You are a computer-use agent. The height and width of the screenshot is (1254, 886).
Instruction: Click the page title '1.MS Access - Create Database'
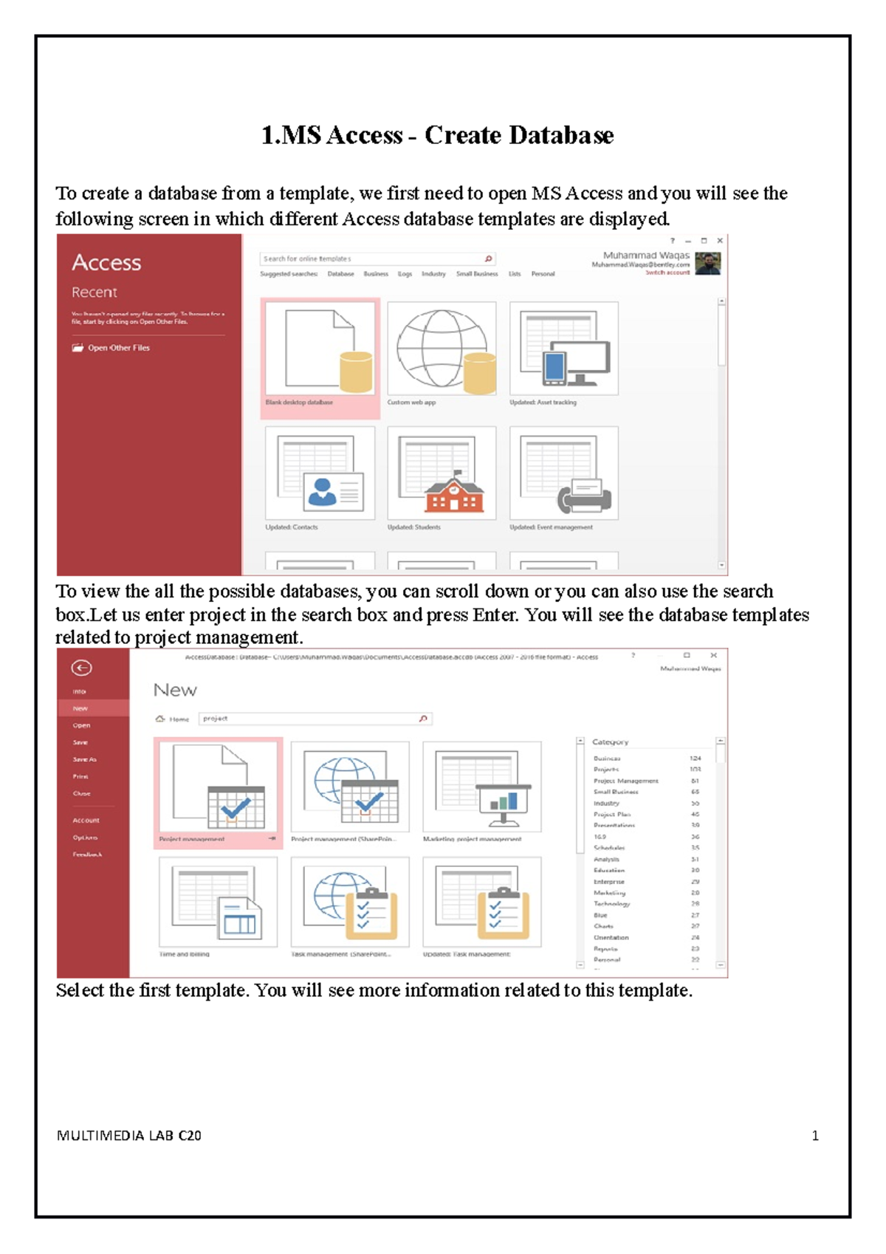point(437,135)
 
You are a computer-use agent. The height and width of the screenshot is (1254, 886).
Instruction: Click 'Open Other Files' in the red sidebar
point(118,348)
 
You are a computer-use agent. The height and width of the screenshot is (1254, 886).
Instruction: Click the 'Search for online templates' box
point(369,258)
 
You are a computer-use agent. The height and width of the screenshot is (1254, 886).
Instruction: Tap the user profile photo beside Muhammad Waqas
point(707,264)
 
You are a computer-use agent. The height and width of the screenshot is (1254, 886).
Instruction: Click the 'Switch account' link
point(667,273)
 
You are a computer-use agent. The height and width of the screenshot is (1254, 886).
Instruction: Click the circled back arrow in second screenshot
point(81,668)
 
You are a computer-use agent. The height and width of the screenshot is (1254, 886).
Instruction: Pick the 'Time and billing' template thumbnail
point(218,903)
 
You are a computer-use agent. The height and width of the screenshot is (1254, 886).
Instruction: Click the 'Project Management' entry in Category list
point(625,781)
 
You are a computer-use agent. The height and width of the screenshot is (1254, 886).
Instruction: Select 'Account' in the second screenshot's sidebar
point(86,820)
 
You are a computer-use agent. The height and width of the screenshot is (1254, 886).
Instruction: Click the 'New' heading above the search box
point(175,691)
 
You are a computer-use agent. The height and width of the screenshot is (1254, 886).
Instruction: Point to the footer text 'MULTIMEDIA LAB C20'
point(128,1136)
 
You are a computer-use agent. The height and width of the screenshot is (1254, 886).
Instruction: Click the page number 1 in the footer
point(815,1136)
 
